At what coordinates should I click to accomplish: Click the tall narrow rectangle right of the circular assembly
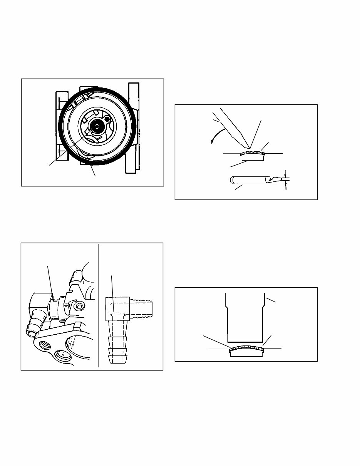(133, 127)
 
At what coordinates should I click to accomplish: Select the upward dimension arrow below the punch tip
(285, 186)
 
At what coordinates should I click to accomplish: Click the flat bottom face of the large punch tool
(244, 342)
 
